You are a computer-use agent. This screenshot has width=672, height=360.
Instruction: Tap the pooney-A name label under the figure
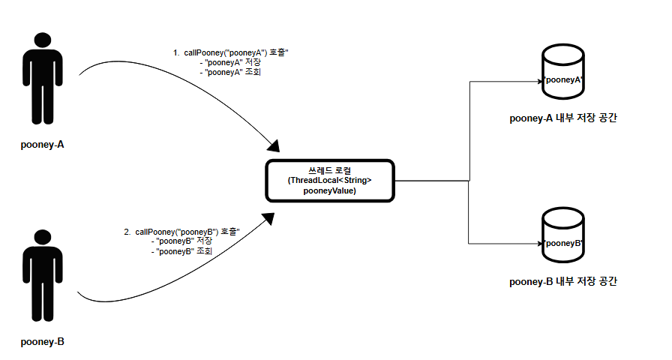[x=43, y=145]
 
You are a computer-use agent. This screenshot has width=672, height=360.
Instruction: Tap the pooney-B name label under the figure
[x=43, y=342]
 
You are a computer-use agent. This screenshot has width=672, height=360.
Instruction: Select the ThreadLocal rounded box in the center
[x=331, y=180]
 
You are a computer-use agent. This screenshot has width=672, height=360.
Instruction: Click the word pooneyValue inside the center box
[x=330, y=191]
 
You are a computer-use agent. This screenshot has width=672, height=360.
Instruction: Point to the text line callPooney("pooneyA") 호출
[x=236, y=53]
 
